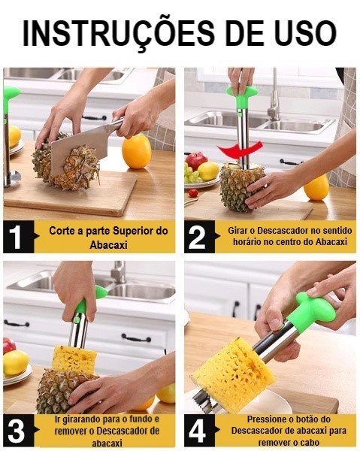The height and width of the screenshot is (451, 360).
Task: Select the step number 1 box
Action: [18, 237]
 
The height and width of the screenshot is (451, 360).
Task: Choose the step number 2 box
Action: [200, 237]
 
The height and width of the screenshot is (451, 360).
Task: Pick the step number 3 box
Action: [18, 431]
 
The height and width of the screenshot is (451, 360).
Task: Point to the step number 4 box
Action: [200, 431]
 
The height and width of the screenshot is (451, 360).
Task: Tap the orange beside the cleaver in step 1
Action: [136, 151]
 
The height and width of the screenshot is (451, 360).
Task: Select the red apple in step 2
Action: [196, 161]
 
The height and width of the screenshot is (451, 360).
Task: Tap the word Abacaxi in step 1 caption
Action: [109, 245]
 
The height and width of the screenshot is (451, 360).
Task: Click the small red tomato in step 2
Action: [193, 192]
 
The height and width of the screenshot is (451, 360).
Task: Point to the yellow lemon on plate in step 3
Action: [15, 363]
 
